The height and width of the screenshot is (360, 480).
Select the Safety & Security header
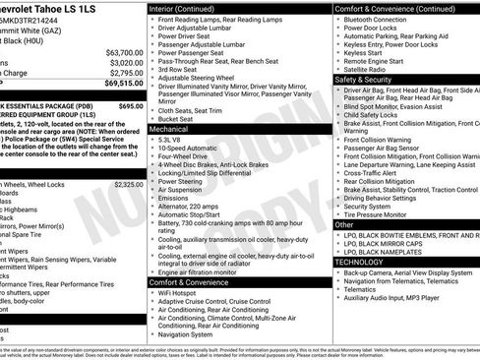click(x=364, y=79)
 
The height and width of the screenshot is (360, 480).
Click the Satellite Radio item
click(x=365, y=69)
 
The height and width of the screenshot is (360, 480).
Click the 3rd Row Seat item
click(x=178, y=69)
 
